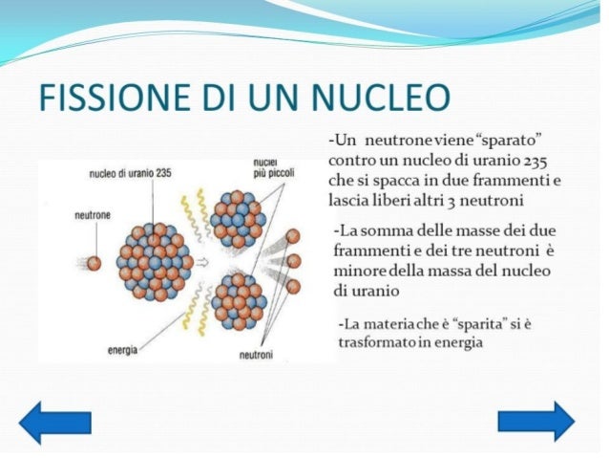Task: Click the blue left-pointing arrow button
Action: [55, 421]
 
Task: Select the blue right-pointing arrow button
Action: [536, 421]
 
